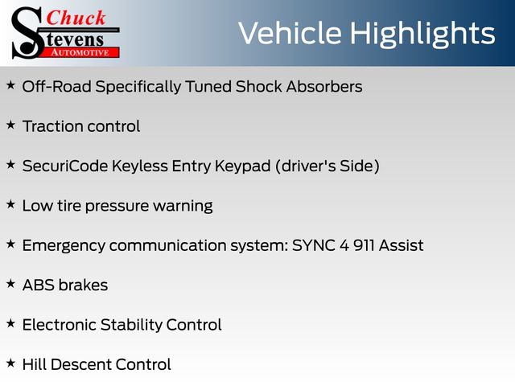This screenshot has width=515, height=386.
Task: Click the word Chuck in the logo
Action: click(x=76, y=18)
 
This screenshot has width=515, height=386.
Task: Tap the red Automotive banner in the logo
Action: click(x=81, y=52)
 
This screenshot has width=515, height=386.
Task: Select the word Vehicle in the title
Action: click(x=290, y=33)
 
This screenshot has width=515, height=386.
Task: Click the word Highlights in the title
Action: click(x=422, y=35)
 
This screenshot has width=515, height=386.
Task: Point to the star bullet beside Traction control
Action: click(x=10, y=125)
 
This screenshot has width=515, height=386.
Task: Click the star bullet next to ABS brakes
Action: click(x=10, y=284)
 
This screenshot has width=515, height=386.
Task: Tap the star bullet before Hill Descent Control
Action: click(x=10, y=363)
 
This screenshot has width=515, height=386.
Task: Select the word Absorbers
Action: click(x=324, y=87)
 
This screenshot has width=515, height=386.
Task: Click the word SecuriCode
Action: click(x=65, y=166)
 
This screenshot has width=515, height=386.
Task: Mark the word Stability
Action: click(x=131, y=326)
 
